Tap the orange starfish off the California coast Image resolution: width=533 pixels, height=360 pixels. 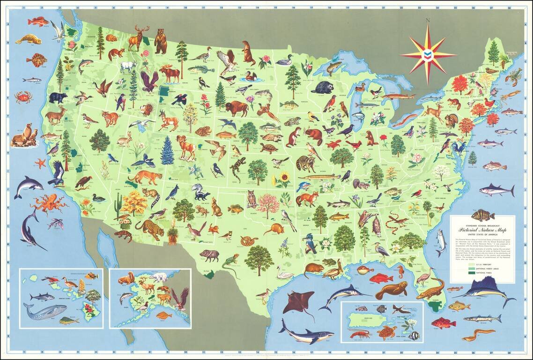pyautogui.click(x=40, y=163)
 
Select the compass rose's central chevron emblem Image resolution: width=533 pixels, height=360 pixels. pyautogui.click(x=427, y=54)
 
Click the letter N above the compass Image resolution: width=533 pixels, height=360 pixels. pyautogui.click(x=428, y=20)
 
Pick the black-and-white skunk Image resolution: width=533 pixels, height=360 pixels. pyautogui.click(x=200, y=192)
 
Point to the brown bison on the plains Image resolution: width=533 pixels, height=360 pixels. pyautogui.click(x=236, y=108)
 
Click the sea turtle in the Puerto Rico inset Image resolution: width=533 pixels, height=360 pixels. pyautogui.click(x=386, y=333)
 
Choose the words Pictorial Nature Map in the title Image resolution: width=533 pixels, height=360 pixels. pyautogui.click(x=481, y=231)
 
